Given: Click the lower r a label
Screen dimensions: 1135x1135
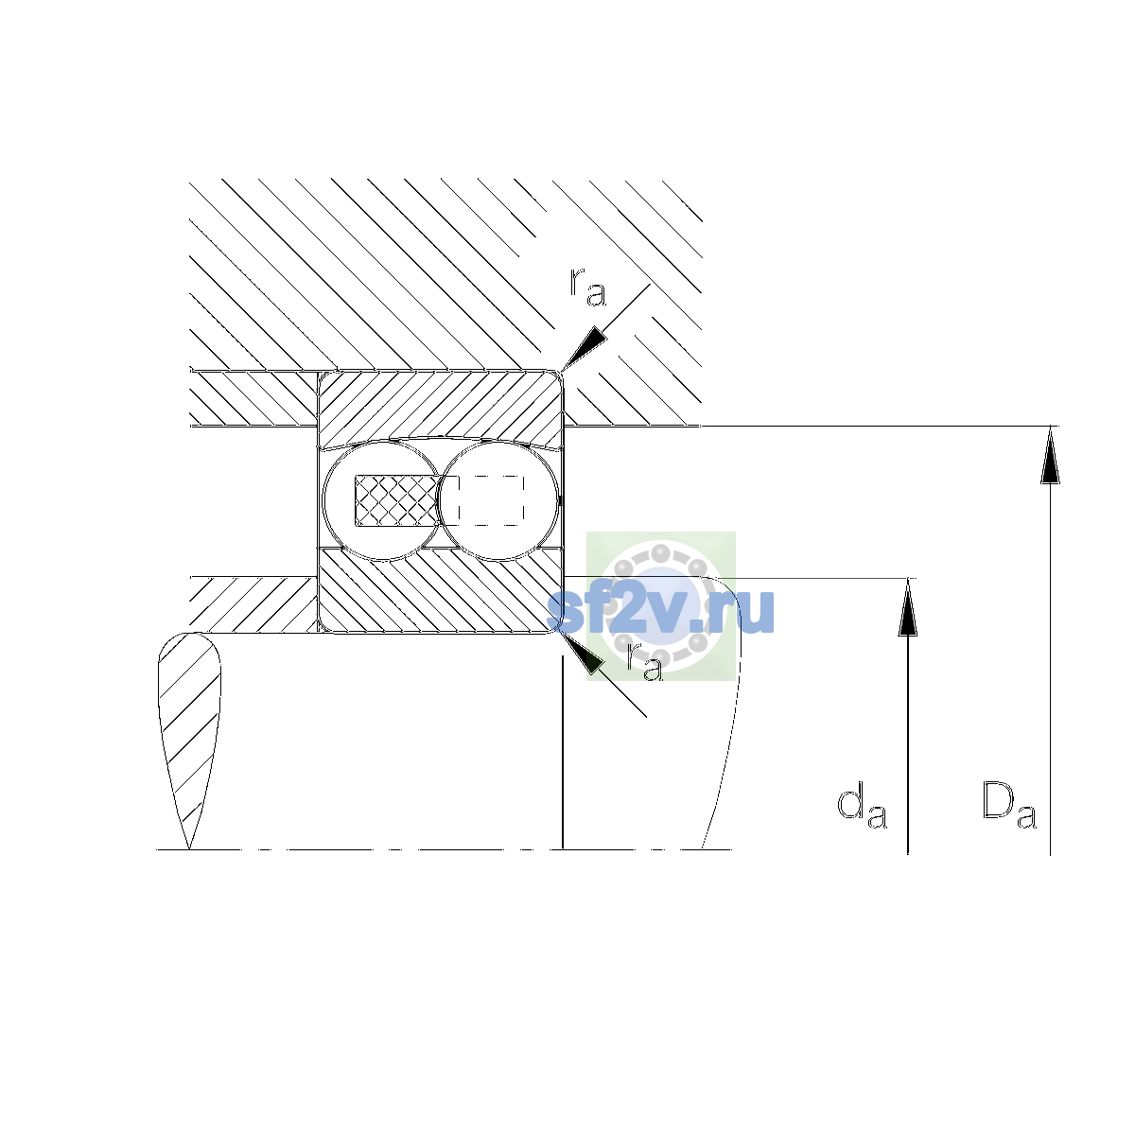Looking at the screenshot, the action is click(x=644, y=662).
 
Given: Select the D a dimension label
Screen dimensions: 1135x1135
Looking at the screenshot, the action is click(x=1009, y=805).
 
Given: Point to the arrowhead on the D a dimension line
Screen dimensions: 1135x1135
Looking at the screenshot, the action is click(x=1050, y=454).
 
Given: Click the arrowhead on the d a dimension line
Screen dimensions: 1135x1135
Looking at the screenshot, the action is click(x=908, y=607).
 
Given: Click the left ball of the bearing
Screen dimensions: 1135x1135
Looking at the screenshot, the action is click(x=382, y=500).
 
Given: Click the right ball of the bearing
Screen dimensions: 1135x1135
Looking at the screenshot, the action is click(x=498, y=500).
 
